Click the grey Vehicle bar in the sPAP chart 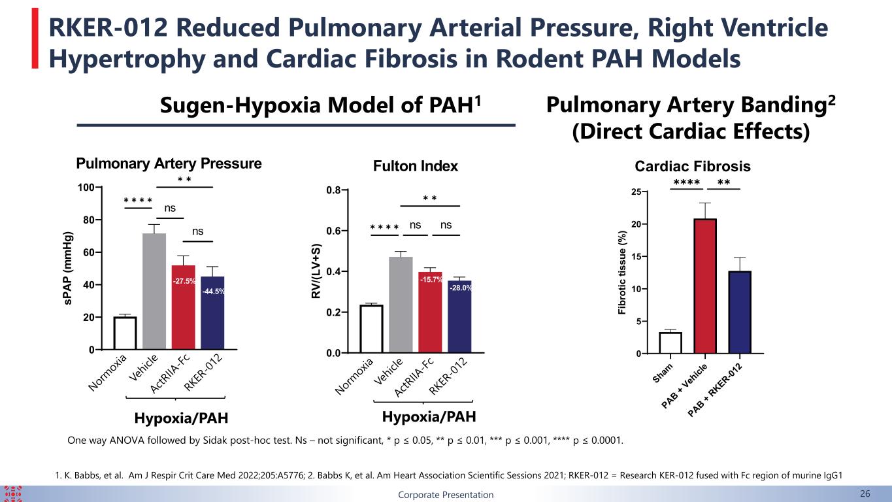[154, 292]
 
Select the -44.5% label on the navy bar [214, 292]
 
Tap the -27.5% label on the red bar [184, 281]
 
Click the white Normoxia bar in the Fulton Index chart [371, 329]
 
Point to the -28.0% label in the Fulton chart [461, 288]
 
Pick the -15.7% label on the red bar [431, 280]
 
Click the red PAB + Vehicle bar [705, 286]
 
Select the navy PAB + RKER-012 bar [740, 312]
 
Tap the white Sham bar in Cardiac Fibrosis [670, 343]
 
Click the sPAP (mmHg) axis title [68, 268]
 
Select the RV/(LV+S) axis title [316, 271]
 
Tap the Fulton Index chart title [416, 166]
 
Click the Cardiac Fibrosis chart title [693, 166]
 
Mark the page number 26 [865, 494]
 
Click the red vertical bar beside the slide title [35, 39]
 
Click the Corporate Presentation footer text [446, 495]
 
